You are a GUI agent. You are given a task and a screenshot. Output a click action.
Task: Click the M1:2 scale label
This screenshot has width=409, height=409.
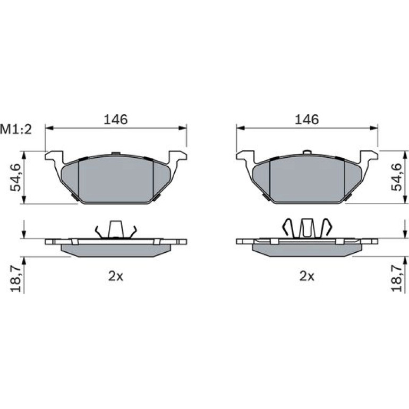click(16, 130)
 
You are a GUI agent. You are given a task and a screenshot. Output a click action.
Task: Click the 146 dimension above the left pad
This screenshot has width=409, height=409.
click(116, 120)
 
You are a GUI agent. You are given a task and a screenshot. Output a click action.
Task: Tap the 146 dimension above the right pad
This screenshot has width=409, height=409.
click(307, 120)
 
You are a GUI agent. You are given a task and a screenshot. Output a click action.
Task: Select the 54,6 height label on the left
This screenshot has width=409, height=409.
click(15, 177)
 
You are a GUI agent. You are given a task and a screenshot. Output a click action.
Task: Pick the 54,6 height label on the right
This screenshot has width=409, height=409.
click(396, 177)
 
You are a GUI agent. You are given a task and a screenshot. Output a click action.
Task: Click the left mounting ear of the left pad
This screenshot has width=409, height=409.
click(54, 157)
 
